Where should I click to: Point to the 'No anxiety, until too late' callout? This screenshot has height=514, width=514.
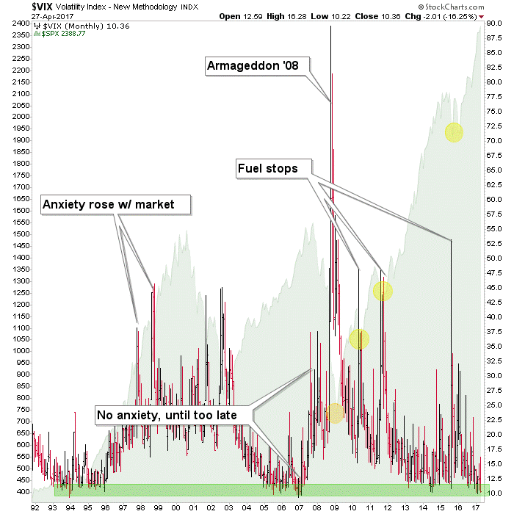coord(173,415)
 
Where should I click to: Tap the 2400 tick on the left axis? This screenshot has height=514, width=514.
coord(20,23)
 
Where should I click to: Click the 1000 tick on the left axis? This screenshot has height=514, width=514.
coord(20,351)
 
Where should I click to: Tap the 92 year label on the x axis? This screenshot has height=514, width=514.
coord(35,507)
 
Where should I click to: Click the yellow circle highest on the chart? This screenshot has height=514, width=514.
coord(454,132)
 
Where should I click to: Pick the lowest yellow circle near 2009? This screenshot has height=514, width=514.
coord(335,413)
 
